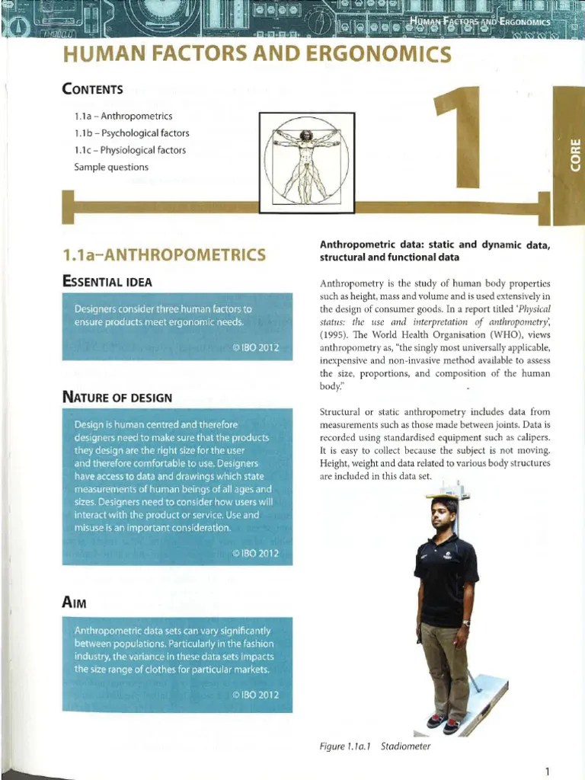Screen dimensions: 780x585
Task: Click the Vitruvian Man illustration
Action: click(306, 161)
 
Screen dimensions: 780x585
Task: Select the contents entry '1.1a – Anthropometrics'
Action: click(123, 117)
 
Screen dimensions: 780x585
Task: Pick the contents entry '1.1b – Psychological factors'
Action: click(132, 133)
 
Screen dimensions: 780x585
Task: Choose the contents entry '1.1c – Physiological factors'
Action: click(130, 150)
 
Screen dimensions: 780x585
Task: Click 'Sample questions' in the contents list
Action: click(111, 167)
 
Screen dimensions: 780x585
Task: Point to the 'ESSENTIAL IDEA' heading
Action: click(107, 282)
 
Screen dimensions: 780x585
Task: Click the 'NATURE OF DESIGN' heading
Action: click(117, 397)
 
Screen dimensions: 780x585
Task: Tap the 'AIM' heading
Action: click(75, 603)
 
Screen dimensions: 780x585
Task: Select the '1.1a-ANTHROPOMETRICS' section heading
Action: click(164, 254)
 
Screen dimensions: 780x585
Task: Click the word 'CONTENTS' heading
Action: click(93, 89)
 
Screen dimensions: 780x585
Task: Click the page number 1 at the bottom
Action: click(547, 771)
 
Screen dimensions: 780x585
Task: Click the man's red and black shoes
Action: click(443, 723)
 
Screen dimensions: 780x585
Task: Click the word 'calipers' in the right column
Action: click(530, 438)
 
